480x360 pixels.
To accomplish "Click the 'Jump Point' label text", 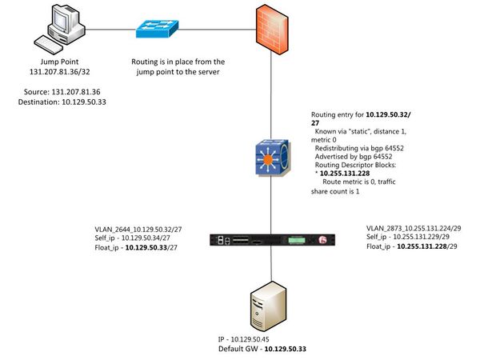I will click(60, 62).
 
